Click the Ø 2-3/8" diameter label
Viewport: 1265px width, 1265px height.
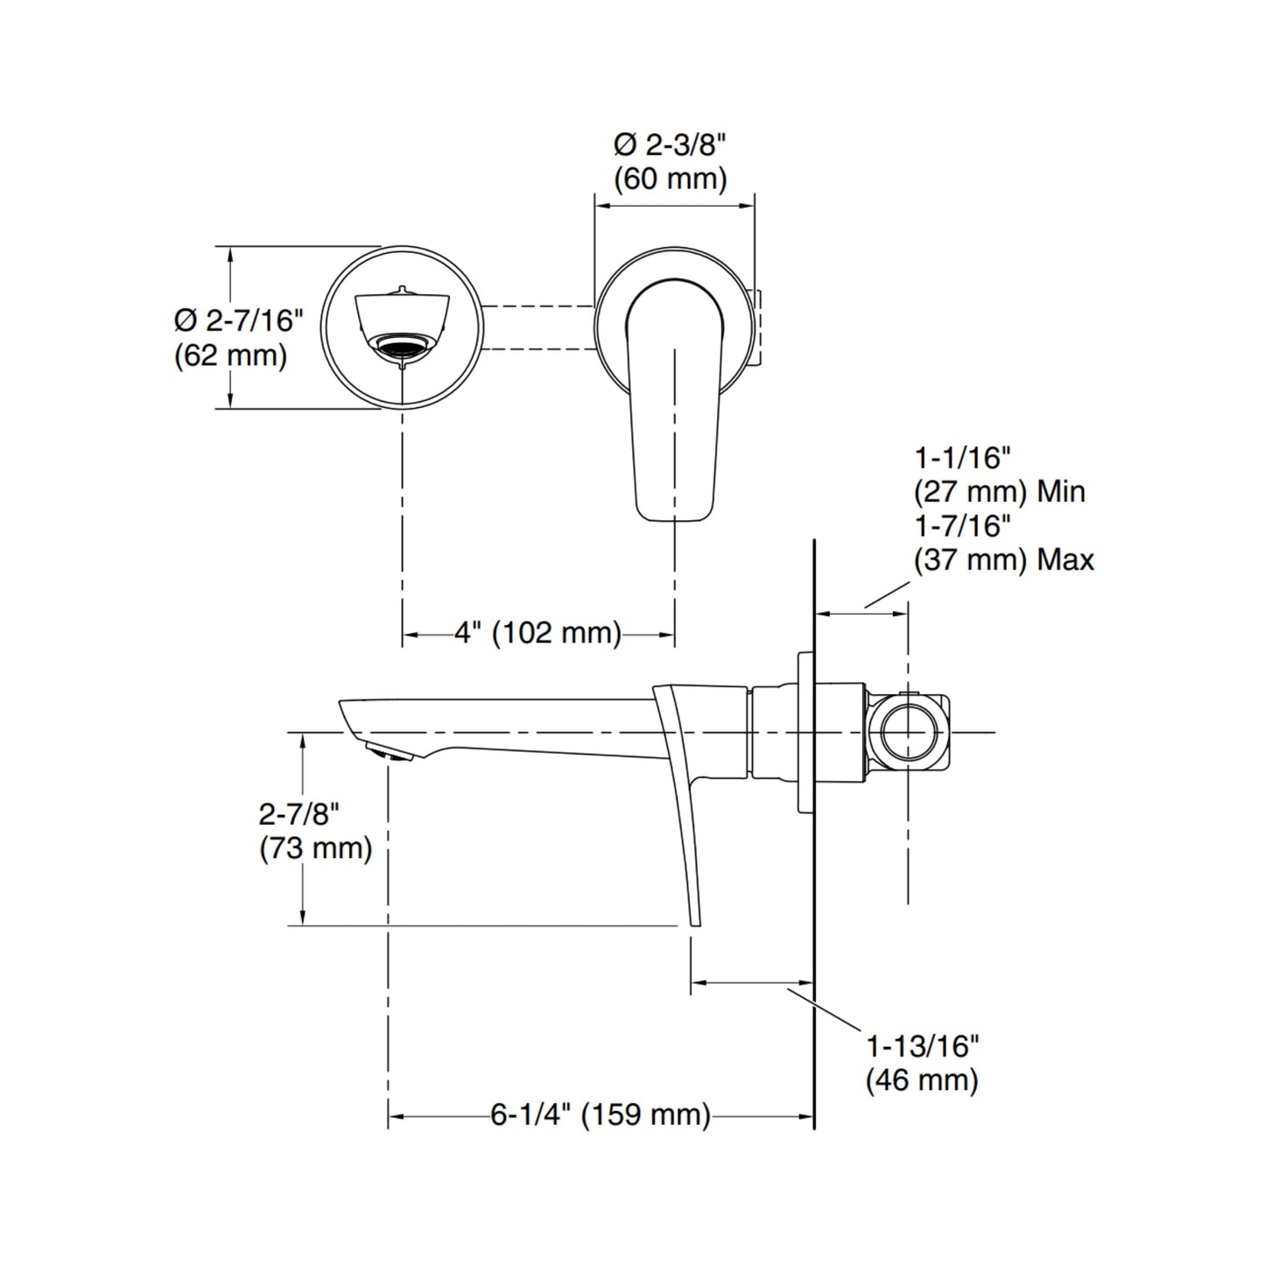tap(671, 144)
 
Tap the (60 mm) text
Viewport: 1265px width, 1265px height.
tap(671, 179)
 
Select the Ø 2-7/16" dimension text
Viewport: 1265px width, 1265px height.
tap(239, 320)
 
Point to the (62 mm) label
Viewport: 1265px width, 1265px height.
tap(230, 355)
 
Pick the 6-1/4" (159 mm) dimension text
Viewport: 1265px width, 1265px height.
tap(601, 1114)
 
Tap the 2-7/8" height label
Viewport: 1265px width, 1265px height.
tap(299, 814)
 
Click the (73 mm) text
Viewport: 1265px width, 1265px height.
tap(316, 849)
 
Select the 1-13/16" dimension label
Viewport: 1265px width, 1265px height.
tap(923, 1046)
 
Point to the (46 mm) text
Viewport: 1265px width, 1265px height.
tap(923, 1080)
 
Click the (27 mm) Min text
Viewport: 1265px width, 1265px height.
tap(1000, 492)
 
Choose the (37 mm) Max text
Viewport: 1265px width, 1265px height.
tap(1004, 560)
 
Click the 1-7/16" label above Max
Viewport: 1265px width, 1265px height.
tap(963, 526)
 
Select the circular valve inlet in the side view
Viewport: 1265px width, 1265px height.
tap(908, 731)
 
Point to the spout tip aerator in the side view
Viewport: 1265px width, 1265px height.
tap(389, 752)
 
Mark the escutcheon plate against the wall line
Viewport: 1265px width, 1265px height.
tap(806, 732)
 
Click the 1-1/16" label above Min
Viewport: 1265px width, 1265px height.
tap(963, 458)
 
